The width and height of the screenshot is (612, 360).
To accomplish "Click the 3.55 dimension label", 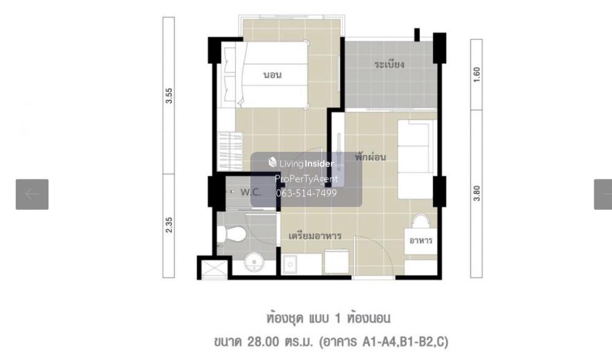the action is (169, 96).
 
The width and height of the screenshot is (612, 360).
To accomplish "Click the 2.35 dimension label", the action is (169, 225).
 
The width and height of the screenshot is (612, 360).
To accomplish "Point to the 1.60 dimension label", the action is (477, 75).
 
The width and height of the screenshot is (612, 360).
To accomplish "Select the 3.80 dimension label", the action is (477, 193).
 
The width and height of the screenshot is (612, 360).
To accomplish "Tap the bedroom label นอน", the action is (272, 75).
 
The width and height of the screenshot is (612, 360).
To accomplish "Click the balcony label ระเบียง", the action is (389, 64).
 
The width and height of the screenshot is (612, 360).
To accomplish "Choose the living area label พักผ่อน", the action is (370, 157).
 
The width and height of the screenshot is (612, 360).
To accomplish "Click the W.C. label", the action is (250, 192).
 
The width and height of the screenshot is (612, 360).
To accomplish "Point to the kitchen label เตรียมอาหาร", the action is (315, 236).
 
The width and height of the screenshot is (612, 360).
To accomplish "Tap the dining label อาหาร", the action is (421, 241).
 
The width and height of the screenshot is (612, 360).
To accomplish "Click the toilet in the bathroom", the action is (231, 234).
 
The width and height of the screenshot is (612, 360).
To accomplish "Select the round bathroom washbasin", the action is (254, 262).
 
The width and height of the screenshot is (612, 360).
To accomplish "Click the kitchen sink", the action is (289, 264).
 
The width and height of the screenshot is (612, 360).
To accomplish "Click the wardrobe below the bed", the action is (230, 151).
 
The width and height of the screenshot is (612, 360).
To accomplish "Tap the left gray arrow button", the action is (32, 195).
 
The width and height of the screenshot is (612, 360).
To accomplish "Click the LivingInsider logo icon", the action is (272, 162).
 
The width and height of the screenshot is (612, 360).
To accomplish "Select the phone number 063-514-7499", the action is (307, 193).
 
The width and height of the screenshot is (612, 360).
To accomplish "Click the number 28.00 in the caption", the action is (263, 342).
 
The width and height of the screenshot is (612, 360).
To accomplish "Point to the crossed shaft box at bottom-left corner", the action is (214, 269).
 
